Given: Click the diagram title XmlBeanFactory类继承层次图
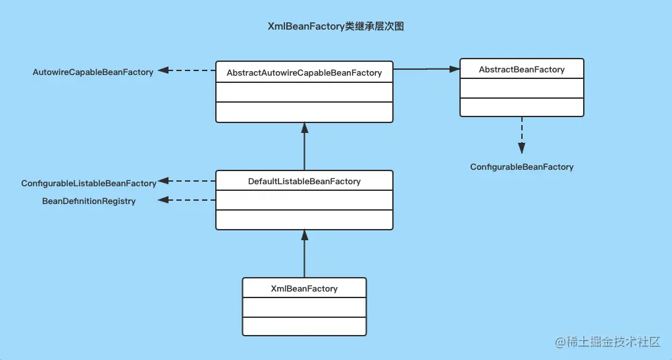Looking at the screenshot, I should [x=336, y=27].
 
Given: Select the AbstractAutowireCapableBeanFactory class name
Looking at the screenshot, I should [x=304, y=72].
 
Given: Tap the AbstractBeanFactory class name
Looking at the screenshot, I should [x=521, y=69].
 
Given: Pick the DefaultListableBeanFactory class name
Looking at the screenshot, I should [x=304, y=181].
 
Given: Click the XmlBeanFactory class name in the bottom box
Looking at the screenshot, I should [x=304, y=288].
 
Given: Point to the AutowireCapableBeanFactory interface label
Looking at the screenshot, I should [x=93, y=72].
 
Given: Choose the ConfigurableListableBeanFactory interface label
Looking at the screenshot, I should [x=89, y=183].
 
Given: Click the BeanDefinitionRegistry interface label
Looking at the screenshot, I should [x=89, y=201].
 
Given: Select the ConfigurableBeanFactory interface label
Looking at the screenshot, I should [x=521, y=167].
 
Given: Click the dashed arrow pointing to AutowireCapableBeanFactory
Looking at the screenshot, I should [x=187, y=70].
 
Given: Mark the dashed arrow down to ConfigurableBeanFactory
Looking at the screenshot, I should [x=521, y=134].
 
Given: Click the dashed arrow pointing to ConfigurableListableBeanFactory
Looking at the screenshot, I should [x=187, y=180].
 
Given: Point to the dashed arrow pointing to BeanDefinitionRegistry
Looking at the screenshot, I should [x=187, y=199].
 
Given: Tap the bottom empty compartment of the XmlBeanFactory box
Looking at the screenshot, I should [x=304, y=326].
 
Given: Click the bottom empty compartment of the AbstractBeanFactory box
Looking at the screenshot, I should [x=521, y=107].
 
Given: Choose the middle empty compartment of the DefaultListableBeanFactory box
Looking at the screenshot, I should [x=304, y=200].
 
